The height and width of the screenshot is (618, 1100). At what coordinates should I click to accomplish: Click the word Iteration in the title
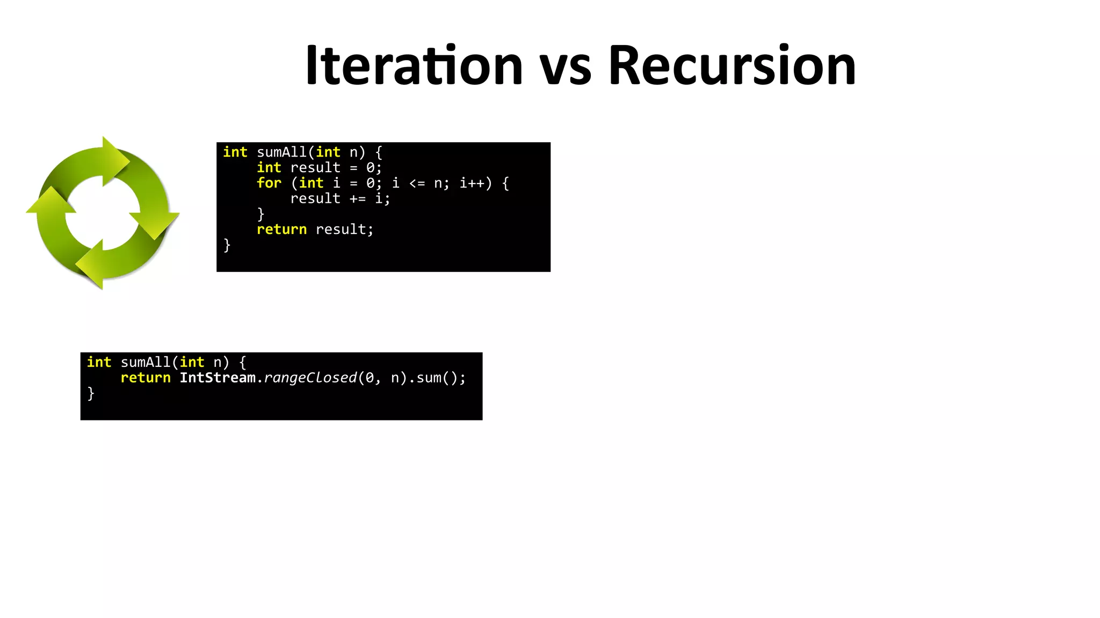tap(414, 65)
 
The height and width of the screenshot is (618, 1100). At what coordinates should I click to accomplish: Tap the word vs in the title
tap(565, 68)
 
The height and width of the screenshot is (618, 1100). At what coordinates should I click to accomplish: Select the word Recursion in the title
tap(732, 65)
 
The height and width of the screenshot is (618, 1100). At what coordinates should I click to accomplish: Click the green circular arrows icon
tap(103, 213)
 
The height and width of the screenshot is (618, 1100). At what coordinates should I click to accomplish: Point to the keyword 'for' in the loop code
tap(269, 183)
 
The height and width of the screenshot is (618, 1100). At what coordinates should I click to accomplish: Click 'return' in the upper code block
tap(281, 230)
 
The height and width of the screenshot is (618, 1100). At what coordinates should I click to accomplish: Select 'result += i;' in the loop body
tap(340, 199)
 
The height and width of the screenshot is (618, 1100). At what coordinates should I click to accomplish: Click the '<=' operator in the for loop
tap(417, 183)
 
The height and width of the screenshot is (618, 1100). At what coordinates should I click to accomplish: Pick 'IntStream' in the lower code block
tap(218, 378)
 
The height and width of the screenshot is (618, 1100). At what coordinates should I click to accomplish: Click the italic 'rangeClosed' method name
tap(310, 378)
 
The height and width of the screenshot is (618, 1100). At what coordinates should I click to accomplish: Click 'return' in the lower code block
tap(146, 378)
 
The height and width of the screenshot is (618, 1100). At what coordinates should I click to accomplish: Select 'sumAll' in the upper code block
tap(281, 152)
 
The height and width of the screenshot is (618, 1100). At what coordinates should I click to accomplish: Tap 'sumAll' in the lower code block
tap(146, 363)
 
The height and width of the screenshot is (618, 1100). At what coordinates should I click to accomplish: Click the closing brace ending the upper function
tap(227, 245)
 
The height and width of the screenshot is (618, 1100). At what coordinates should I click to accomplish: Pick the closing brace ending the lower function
tap(91, 393)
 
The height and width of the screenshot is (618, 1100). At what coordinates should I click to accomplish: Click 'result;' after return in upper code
tap(344, 230)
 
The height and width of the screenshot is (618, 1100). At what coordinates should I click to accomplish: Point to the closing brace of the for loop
tap(260, 214)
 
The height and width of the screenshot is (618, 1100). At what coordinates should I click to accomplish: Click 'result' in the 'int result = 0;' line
tap(315, 168)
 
